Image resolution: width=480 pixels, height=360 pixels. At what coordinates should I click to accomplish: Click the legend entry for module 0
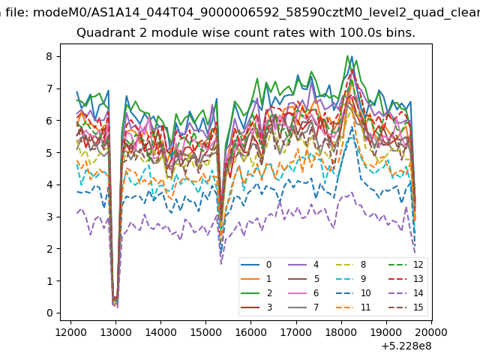pos(256,265)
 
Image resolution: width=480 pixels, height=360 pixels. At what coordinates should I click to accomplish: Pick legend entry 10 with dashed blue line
pos(353,293)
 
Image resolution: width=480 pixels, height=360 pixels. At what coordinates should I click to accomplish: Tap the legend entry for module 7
pos(304,307)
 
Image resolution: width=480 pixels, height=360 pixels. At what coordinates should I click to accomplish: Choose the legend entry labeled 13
pos(406,278)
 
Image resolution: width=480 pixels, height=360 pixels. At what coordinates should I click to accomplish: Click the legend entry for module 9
pos(351,278)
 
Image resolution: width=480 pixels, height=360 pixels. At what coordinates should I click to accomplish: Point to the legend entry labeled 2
pos(256,293)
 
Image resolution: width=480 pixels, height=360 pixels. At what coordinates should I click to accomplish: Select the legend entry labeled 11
pos(353,307)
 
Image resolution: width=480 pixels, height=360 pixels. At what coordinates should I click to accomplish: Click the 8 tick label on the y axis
pos(49,56)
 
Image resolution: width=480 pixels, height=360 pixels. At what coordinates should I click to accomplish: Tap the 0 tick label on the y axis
pos(49,313)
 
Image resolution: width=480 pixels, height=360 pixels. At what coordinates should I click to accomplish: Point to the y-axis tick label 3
pos(49,217)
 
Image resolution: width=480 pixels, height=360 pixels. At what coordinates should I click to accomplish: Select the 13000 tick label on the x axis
pos(115,332)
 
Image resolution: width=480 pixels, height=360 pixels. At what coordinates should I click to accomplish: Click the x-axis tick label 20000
pos(432,332)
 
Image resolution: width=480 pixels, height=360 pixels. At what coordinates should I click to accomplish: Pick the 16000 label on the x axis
pos(251,332)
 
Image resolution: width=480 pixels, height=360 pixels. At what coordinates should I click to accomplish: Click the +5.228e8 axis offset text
pos(406,346)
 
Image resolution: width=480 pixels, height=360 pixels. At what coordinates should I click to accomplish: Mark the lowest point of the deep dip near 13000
pos(118,307)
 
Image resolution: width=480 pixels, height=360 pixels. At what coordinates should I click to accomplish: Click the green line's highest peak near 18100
pos(347,55)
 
